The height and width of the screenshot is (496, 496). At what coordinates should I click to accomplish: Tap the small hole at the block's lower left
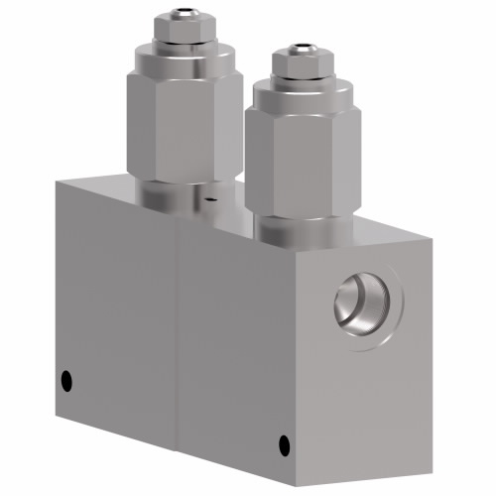click(x=66, y=380)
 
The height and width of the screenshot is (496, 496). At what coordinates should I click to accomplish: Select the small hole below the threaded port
click(x=284, y=442)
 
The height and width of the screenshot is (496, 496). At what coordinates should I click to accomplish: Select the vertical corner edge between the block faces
click(x=178, y=347)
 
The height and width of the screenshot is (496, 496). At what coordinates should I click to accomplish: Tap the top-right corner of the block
click(x=431, y=238)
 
